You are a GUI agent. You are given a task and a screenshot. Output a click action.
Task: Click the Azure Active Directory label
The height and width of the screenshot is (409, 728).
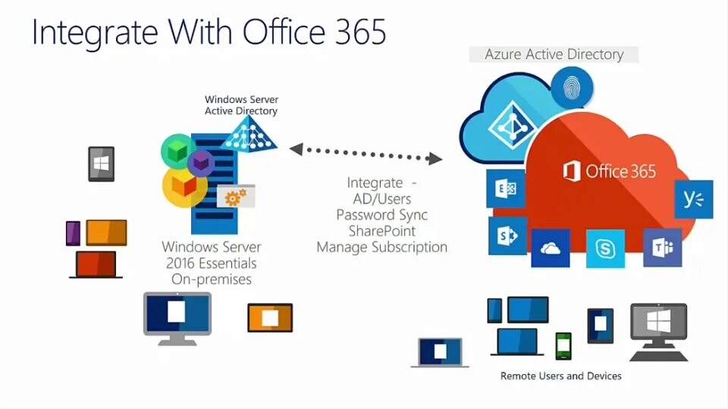pos(554,55)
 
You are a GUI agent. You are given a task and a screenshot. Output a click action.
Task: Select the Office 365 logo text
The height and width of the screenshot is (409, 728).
pos(610,171)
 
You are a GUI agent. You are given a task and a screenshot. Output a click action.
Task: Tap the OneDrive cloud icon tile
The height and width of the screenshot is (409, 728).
pos(550,248)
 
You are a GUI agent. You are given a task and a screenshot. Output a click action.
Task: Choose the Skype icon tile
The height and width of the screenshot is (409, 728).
pos(605,248)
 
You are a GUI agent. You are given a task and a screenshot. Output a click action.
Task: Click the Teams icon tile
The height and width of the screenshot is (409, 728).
pos(662,247)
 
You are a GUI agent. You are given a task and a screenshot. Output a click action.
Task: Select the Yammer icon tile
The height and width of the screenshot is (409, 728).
pos(693,199)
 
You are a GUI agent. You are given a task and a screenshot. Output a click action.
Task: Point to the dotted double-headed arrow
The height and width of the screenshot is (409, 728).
pos(366,154)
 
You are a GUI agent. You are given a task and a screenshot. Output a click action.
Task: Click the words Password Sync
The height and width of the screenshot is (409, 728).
pos(381,215)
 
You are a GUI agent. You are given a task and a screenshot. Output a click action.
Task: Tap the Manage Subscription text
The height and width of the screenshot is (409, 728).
pos(381,247)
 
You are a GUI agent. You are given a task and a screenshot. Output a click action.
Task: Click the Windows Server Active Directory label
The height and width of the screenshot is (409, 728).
pos(241,105)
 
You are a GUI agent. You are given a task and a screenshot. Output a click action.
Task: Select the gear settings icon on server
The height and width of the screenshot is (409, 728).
pos(233,197)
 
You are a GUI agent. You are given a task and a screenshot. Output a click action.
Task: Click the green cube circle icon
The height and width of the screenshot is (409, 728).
pos(178,149)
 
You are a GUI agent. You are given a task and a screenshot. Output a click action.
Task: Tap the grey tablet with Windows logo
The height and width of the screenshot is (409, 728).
pos(101,164)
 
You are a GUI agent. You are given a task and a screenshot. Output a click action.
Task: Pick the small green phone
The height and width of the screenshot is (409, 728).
pos(563,345)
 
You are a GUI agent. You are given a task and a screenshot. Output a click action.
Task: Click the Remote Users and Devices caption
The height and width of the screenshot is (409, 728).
pos(560,376)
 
